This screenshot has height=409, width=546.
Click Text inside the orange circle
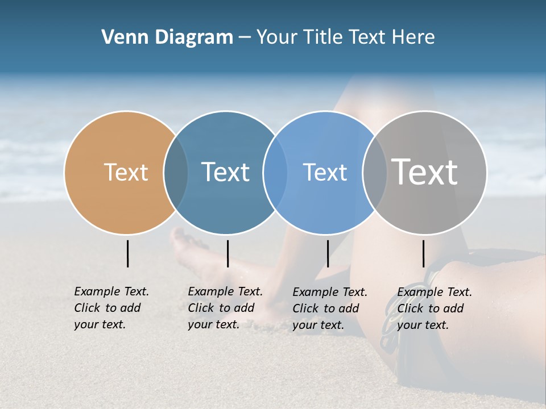(x=126, y=172)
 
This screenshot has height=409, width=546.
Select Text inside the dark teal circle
(x=226, y=172)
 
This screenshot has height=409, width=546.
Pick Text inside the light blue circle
(x=325, y=172)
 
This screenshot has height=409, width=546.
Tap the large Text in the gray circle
(x=425, y=172)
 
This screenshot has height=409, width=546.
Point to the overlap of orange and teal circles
(x=176, y=172)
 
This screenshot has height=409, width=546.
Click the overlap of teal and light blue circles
(x=275, y=172)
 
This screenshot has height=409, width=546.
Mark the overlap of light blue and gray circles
(x=374, y=172)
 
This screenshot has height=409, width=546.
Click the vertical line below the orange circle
(x=127, y=253)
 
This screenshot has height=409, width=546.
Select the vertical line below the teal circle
(x=227, y=253)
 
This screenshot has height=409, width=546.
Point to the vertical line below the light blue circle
(x=328, y=253)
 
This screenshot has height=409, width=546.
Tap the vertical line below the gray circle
(x=423, y=253)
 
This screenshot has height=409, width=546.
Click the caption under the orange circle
(x=111, y=308)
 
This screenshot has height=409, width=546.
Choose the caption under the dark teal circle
(x=225, y=308)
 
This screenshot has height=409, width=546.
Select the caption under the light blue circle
(x=329, y=308)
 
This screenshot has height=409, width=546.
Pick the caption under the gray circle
(x=434, y=308)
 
